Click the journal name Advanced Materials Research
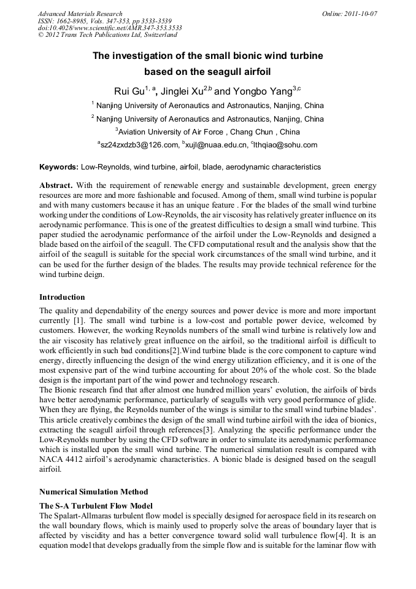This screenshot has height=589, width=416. [80, 14]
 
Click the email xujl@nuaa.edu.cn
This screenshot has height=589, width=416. [215, 145]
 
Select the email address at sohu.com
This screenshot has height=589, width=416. [287, 145]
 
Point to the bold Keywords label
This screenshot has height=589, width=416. [59, 167]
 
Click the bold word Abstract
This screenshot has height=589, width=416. [56, 185]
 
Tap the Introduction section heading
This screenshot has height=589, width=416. [62, 297]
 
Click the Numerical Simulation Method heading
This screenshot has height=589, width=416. [93, 492]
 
